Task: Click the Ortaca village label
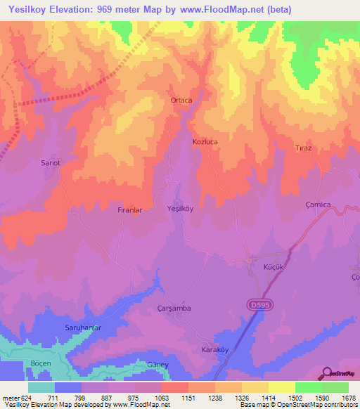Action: (x=181, y=100)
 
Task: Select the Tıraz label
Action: (x=303, y=148)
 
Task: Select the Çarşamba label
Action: (x=173, y=309)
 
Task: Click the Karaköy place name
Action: (x=216, y=350)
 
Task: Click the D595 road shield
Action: (x=259, y=304)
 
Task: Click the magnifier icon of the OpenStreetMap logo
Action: (x=327, y=372)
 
